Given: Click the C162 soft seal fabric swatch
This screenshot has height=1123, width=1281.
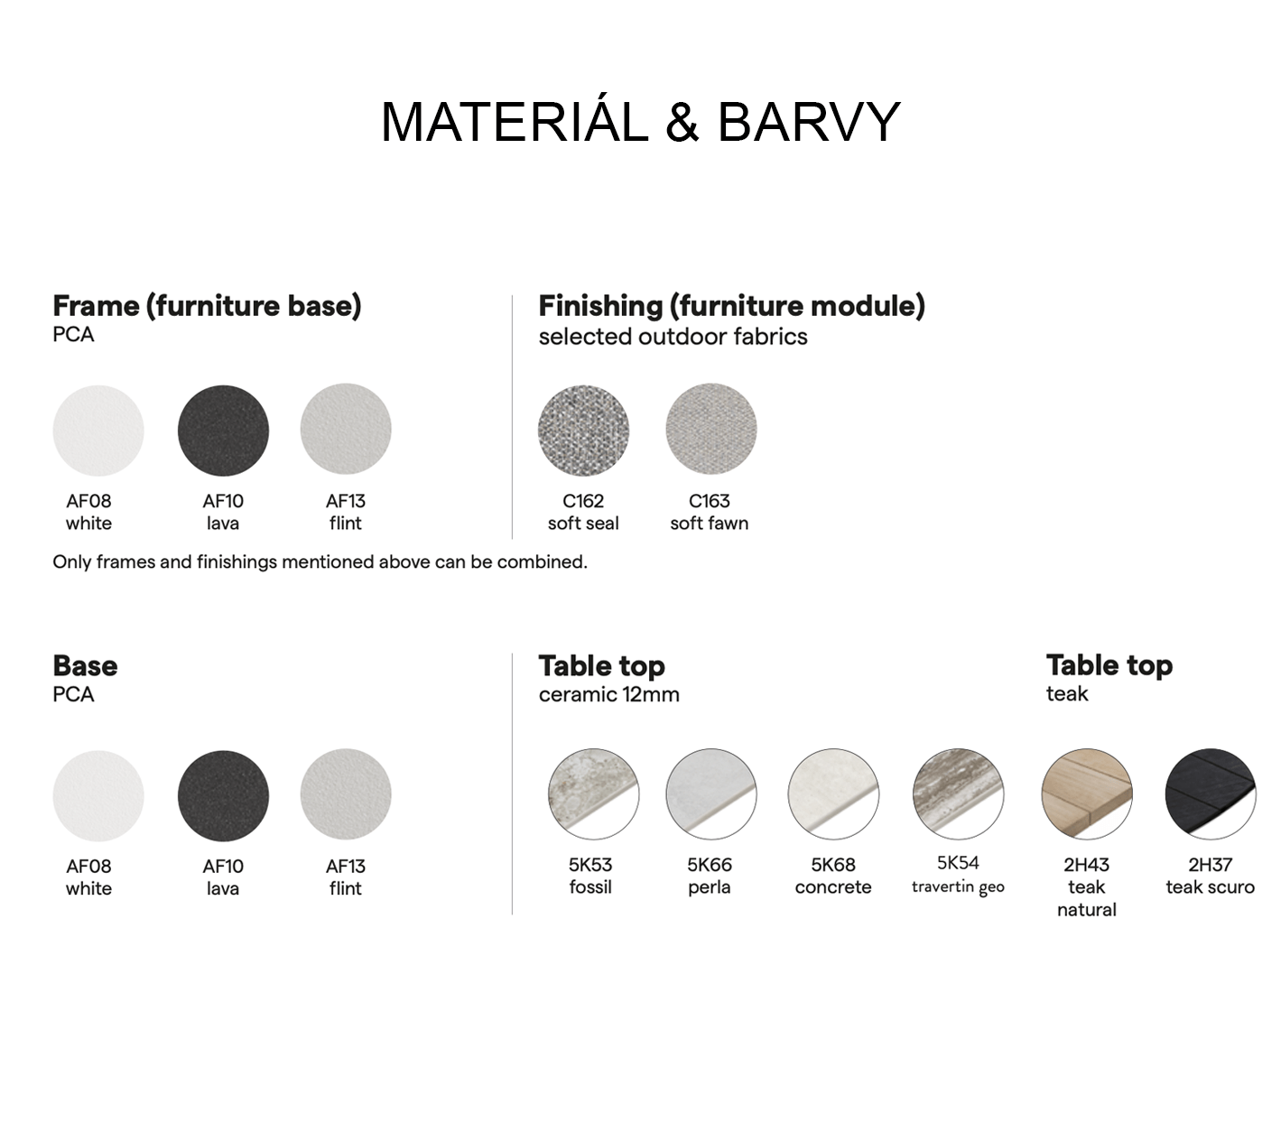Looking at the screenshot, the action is [x=583, y=430].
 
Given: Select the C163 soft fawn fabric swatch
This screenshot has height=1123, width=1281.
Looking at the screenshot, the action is [x=710, y=429].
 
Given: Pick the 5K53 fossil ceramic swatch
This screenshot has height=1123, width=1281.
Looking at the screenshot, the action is [x=593, y=794].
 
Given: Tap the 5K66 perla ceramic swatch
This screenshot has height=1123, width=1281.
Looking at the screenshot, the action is [x=710, y=794].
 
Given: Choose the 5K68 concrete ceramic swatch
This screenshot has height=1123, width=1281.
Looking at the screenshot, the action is [x=832, y=794].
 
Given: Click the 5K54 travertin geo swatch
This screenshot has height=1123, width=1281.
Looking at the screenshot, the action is [x=958, y=794].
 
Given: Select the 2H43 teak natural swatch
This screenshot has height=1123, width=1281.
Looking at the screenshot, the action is [x=1086, y=794].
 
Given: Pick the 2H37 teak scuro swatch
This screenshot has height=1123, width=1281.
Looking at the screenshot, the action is [x=1211, y=794].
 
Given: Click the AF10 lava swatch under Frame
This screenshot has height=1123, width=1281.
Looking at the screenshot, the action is [x=223, y=430].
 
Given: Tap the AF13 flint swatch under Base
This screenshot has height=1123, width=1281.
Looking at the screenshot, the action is [x=345, y=794].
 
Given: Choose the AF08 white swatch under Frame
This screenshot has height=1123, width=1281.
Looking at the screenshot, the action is [x=98, y=430].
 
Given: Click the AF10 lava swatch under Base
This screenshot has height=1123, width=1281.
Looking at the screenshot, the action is [x=223, y=795].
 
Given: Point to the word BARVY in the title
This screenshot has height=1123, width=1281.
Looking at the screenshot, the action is [x=809, y=122].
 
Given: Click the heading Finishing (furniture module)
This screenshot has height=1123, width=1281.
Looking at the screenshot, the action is [x=731, y=306].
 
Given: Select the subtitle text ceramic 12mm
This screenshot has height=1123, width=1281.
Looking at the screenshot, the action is [x=608, y=694].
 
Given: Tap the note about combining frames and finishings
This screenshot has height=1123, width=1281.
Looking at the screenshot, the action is [x=320, y=561].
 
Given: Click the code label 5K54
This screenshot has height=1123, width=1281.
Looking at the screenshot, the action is [x=958, y=862].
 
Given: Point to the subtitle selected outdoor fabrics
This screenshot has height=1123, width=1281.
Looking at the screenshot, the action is [x=673, y=337].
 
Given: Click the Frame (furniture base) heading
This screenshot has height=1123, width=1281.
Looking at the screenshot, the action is [x=207, y=306].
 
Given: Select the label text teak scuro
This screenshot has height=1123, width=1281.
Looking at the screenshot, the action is [x=1211, y=886].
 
